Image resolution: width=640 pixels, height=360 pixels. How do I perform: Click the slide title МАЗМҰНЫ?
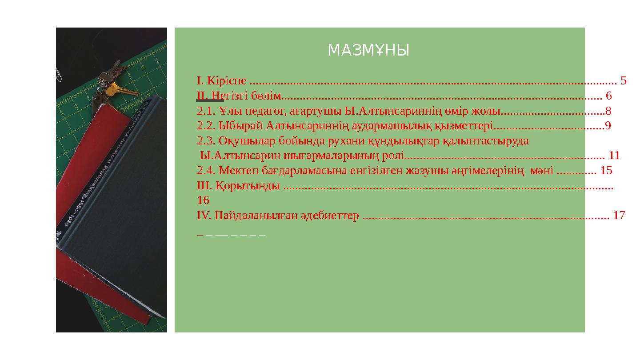pyautogui.click(x=368, y=51)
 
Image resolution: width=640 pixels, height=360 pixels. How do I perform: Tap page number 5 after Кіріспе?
pyautogui.click(x=623, y=81)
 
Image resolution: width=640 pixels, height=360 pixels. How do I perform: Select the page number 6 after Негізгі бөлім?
pyautogui.click(x=608, y=96)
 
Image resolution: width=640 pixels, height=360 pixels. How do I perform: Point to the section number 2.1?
pyautogui.click(x=206, y=111)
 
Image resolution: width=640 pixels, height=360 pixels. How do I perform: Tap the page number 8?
pyautogui.click(x=608, y=111)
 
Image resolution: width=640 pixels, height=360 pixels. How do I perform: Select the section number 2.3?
pyautogui.click(x=206, y=141)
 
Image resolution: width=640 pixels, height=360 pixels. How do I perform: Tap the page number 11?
pyautogui.click(x=614, y=156)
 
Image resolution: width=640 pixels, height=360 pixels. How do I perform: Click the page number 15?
pyautogui.click(x=606, y=171)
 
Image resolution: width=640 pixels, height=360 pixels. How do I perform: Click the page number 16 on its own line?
pyautogui.click(x=203, y=200)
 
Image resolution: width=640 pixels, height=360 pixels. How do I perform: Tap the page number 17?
pyautogui.click(x=619, y=216)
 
